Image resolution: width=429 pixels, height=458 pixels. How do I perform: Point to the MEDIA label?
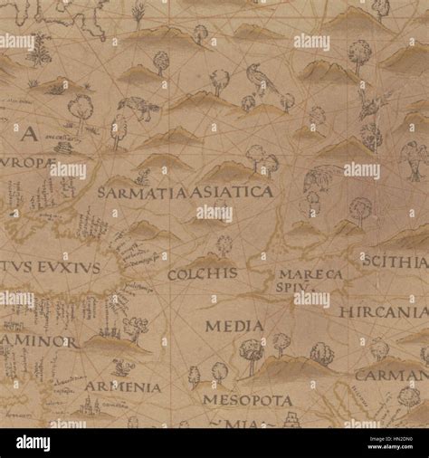234,325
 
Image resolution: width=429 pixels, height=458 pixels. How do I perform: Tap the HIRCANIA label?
384,310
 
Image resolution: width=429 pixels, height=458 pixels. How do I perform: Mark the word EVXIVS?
66,269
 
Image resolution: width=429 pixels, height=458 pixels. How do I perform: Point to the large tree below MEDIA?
252,353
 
